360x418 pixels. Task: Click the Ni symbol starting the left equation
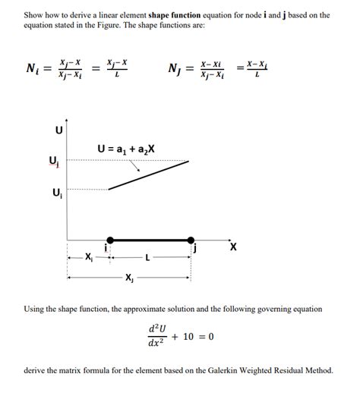pos(33,71)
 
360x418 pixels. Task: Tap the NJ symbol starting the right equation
pos(174,71)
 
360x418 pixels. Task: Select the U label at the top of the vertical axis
pos(59,130)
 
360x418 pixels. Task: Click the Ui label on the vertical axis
pos(52,193)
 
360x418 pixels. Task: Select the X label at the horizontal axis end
pos(233,247)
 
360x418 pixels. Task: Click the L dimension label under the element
pos(149,258)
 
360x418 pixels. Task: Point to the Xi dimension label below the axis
pos(90,258)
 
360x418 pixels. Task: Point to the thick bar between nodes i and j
pos(150,240)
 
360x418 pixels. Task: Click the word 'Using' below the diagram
pos(35,309)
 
